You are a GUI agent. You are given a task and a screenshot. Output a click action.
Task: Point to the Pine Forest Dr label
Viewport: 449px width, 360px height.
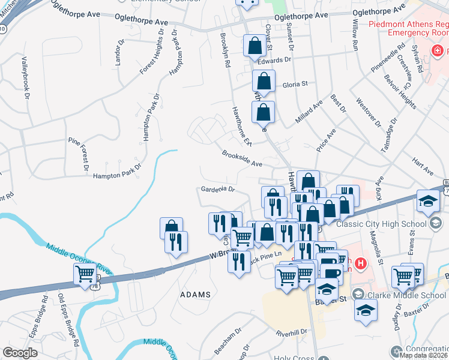pyautogui.click(x=84, y=153)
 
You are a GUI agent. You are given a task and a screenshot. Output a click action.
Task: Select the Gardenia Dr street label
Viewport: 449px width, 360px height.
pyautogui.click(x=217, y=190)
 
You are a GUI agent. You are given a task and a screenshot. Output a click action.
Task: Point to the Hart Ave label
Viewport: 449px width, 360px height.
pyautogui.click(x=423, y=167)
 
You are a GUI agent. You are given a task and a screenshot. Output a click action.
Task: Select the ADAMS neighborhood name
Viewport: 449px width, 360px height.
pyautogui.click(x=195, y=295)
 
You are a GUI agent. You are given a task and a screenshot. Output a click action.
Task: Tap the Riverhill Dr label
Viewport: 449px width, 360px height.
pyautogui.click(x=292, y=332)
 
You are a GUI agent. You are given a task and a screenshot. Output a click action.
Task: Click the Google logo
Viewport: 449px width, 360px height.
pyautogui.click(x=20, y=352)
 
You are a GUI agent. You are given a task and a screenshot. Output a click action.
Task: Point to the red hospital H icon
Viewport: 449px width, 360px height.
pyautogui.click(x=360, y=263)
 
